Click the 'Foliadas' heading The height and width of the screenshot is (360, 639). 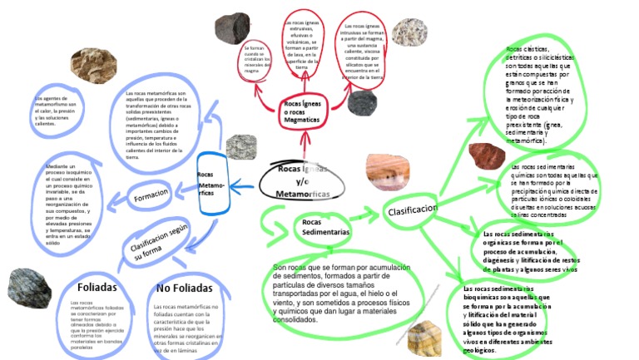96,287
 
